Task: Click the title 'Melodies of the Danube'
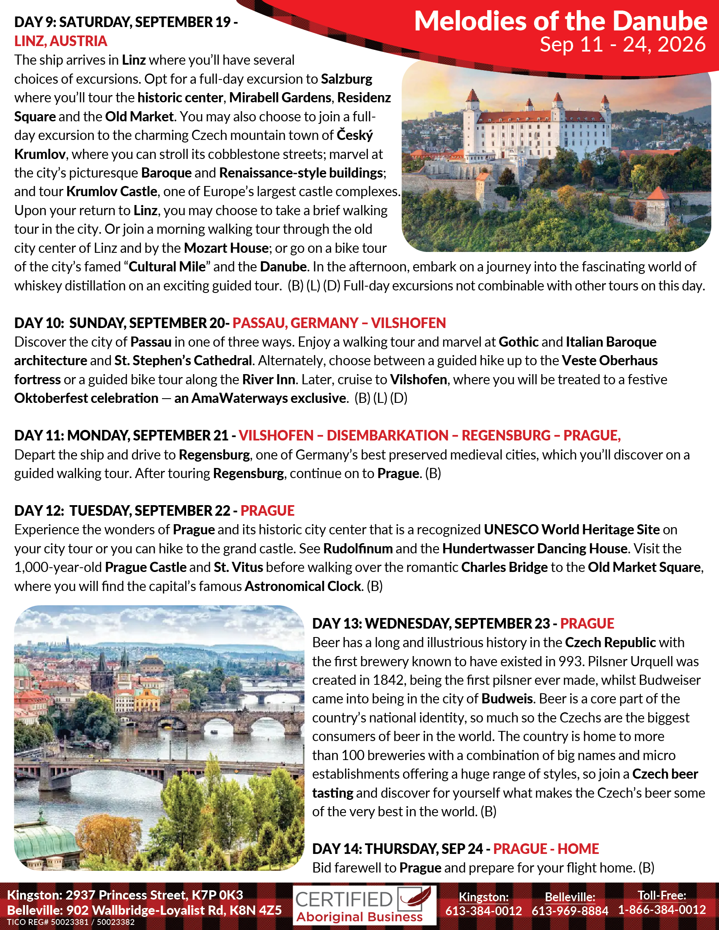coord(560,21)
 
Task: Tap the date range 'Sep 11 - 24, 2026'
coord(622,44)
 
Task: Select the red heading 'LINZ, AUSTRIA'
coord(60,41)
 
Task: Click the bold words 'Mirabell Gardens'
coord(280,98)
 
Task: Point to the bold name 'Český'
coord(354,135)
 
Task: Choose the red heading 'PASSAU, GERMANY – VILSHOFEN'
coord(339,323)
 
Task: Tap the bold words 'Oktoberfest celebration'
coord(86,398)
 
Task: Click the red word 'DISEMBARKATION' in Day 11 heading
coord(387,435)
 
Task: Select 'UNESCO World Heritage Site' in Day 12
coord(572,529)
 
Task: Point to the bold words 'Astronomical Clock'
coord(302,586)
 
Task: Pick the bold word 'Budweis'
coord(507,699)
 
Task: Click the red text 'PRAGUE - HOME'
coord(546,849)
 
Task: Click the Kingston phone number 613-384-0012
coord(483,911)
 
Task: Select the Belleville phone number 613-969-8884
coord(570,911)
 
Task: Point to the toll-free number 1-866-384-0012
coord(662,910)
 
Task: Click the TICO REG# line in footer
coord(71,922)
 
